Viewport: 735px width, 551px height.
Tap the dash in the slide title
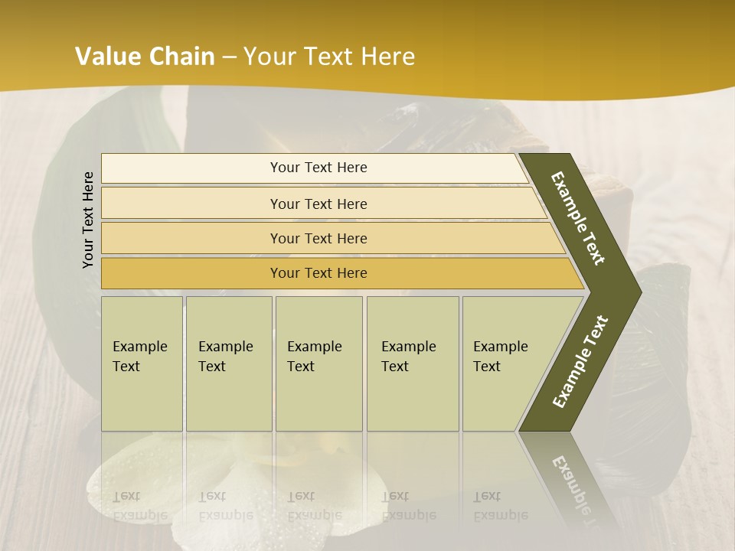pyautogui.click(x=228, y=57)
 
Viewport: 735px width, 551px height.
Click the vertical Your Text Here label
pyautogui.click(x=88, y=220)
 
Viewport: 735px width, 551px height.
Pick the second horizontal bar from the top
pyautogui.click(x=318, y=204)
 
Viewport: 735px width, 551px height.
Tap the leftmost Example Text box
pyautogui.click(x=142, y=364)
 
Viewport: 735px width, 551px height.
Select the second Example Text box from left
pyautogui.click(x=228, y=364)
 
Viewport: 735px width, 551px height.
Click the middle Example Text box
pyautogui.click(x=318, y=364)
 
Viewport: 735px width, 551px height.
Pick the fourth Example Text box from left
pyautogui.click(x=412, y=364)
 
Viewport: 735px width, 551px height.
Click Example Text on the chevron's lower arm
pyautogui.click(x=580, y=362)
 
